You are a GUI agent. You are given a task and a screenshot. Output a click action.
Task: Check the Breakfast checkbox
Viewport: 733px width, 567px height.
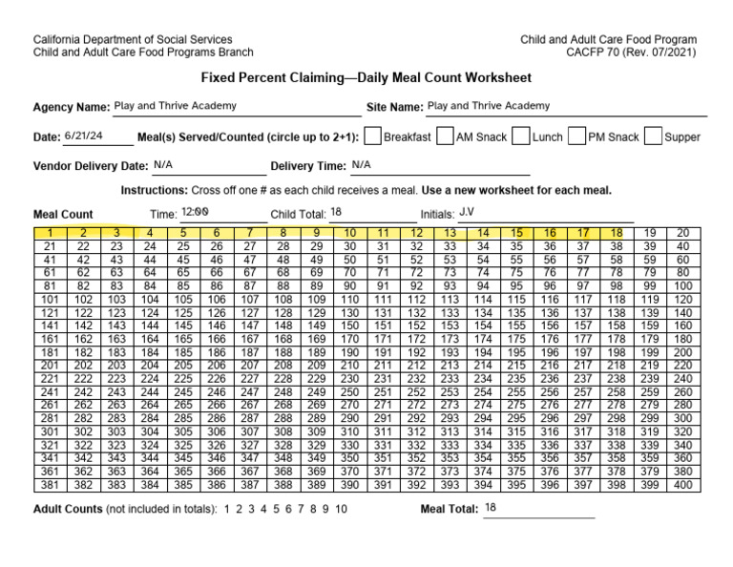[373, 136]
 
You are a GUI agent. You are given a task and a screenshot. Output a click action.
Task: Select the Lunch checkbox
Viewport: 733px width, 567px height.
[521, 136]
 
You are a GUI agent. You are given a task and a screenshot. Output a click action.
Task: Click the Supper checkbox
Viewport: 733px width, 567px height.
[653, 136]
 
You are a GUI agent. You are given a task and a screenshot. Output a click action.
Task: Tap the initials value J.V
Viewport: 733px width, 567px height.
[468, 211]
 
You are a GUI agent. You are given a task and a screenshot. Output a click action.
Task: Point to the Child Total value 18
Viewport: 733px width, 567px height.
[335, 212]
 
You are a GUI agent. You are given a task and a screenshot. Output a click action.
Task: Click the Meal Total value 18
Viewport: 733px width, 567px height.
[491, 508]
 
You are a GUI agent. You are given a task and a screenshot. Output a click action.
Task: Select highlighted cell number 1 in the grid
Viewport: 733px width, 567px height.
[50, 233]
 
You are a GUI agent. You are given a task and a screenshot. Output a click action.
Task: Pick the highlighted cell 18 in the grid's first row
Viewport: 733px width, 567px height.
[616, 233]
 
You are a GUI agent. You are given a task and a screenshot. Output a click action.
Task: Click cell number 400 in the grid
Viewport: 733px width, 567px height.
[682, 485]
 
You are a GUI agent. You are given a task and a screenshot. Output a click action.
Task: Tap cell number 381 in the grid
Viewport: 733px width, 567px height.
[50, 485]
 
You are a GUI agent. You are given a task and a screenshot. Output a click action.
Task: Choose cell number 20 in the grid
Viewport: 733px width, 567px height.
[682, 233]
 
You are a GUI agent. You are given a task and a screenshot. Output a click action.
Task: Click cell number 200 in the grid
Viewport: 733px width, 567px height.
[682, 352]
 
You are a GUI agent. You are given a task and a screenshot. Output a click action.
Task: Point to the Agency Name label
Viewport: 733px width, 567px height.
[71, 107]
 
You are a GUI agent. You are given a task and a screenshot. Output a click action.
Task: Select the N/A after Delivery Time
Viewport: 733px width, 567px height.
[361, 164]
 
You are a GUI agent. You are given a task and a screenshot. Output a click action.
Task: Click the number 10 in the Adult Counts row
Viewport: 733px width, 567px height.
[341, 510]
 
